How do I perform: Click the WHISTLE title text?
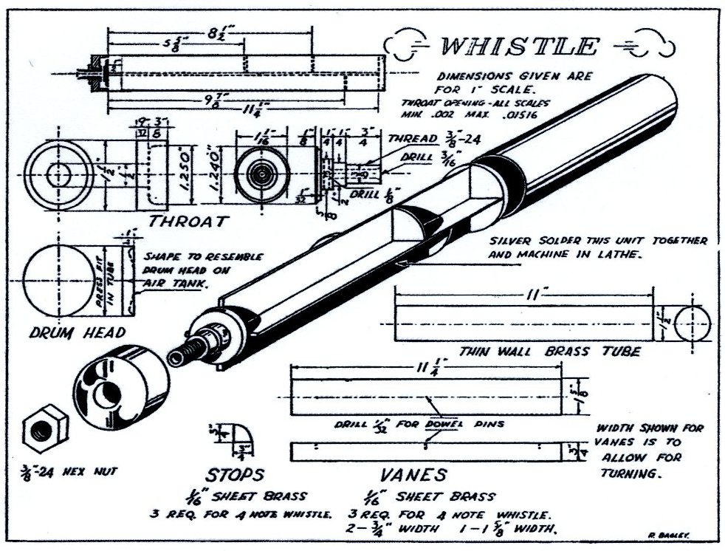[518, 47]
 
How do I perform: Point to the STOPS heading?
[234, 473]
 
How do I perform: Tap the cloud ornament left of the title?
[408, 45]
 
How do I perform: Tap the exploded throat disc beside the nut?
[120, 387]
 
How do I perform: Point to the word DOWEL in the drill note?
[443, 424]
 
